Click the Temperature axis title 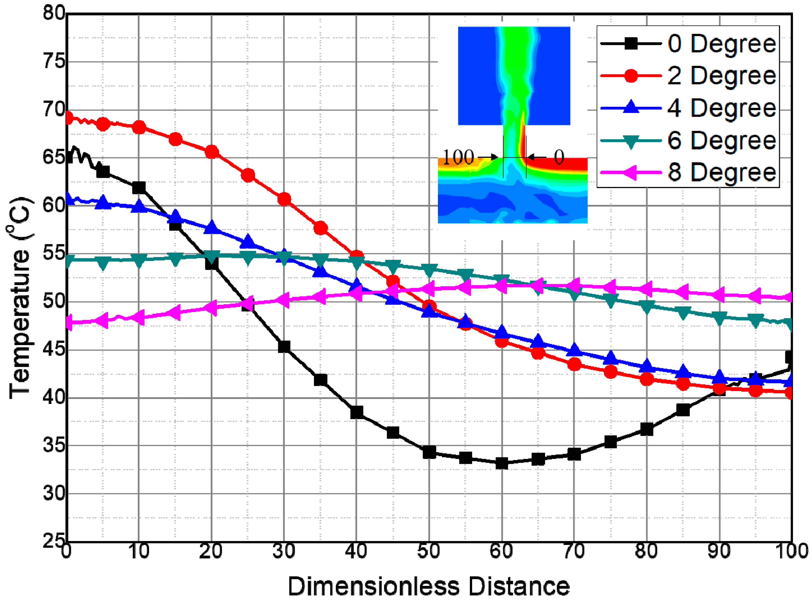(20, 298)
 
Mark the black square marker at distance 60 (502, 463)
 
